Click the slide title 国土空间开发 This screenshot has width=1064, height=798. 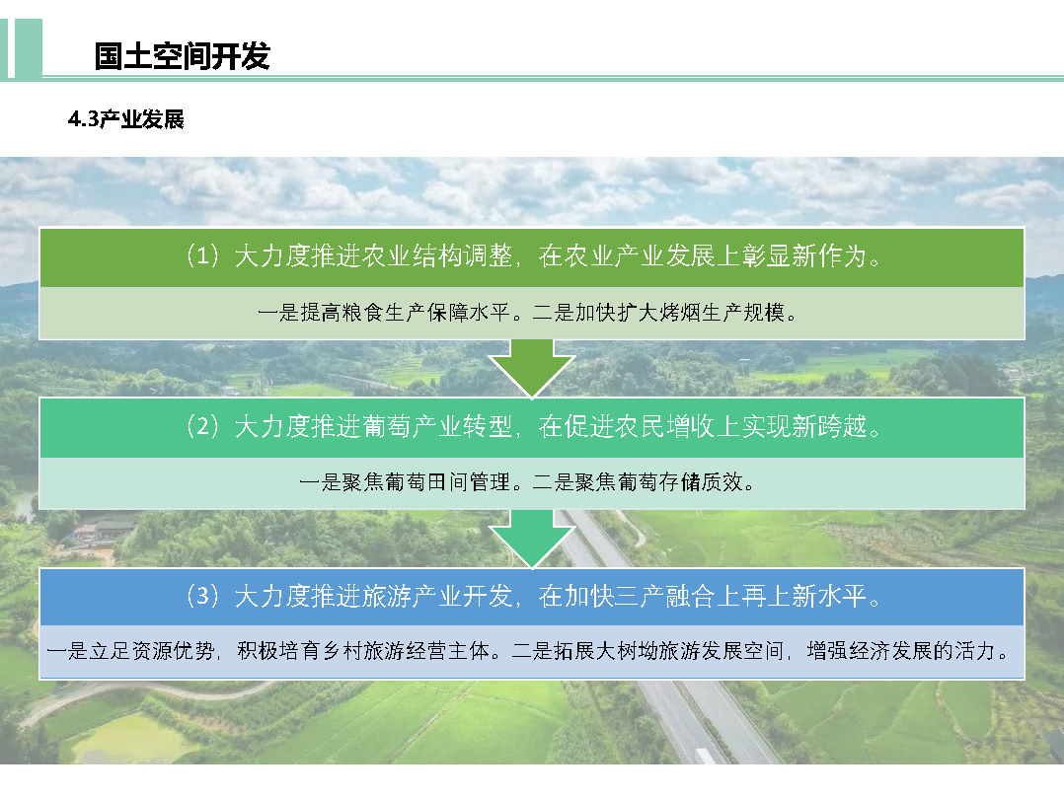coord(182,55)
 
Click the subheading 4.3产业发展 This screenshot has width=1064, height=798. coord(126,119)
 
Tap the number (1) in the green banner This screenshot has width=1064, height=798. coord(202,255)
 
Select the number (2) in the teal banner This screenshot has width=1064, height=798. coord(202,426)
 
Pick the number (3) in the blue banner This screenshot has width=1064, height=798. coord(202,596)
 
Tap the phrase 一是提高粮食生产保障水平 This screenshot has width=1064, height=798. coord(383,313)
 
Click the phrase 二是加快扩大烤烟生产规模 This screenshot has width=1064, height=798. coord(658,313)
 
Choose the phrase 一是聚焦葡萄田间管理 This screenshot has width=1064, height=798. coord(405,482)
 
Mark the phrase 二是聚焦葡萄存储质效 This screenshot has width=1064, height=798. coord(638,482)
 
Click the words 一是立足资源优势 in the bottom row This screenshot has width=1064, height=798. coord(130,651)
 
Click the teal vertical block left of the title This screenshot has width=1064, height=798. coord(29,48)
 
